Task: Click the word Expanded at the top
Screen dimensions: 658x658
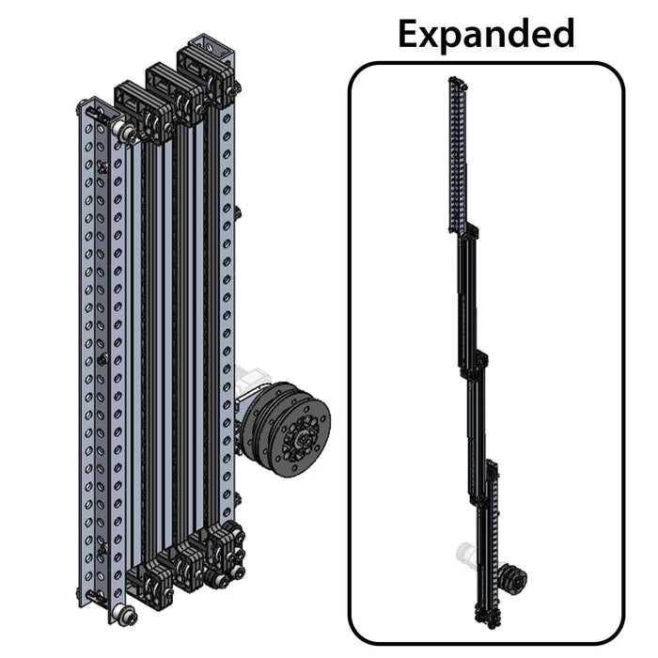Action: click(x=485, y=33)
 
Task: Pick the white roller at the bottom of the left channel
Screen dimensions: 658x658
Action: click(x=122, y=616)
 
